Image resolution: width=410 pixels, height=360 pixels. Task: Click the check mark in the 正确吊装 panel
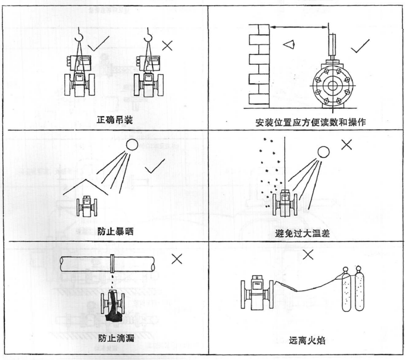98,43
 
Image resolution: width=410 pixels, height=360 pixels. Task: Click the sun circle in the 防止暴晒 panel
132,146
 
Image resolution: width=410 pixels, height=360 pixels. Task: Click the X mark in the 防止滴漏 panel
176,259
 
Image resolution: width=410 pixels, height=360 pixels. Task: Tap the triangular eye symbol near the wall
288,44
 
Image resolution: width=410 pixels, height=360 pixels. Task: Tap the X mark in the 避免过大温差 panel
346,144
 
